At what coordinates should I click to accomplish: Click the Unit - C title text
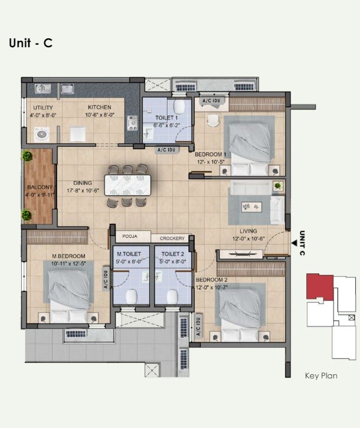tap(31, 44)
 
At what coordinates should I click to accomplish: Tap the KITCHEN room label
tap(100, 107)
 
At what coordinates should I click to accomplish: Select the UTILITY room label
tap(43, 108)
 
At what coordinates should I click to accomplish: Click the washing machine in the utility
tap(42, 134)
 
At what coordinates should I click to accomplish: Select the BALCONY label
tap(39, 187)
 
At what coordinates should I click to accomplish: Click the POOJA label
tap(129, 237)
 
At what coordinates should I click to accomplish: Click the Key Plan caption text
tap(320, 375)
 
